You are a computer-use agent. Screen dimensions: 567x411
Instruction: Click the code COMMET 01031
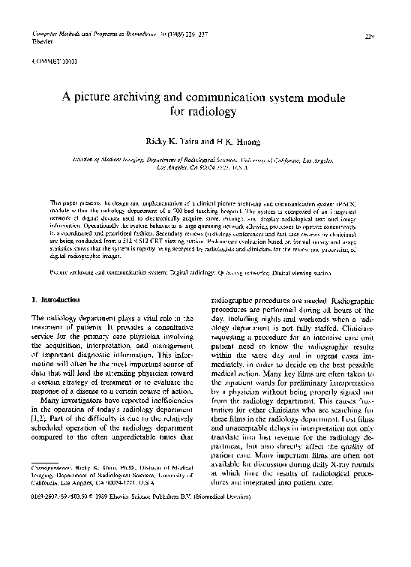coord(49,57)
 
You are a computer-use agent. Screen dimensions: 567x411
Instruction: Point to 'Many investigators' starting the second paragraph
coord(79,401)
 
